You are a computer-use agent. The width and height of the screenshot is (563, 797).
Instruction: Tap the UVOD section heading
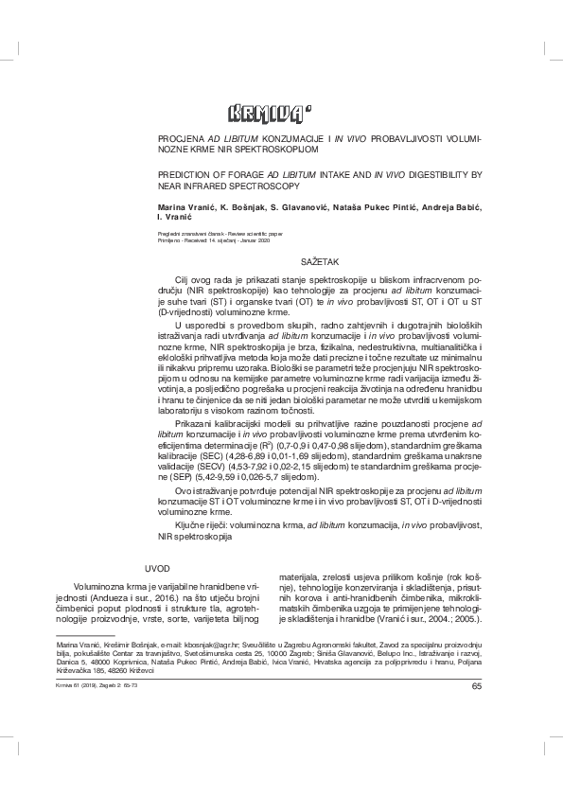(157, 569)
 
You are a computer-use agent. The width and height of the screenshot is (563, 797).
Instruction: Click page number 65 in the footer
(476, 687)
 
